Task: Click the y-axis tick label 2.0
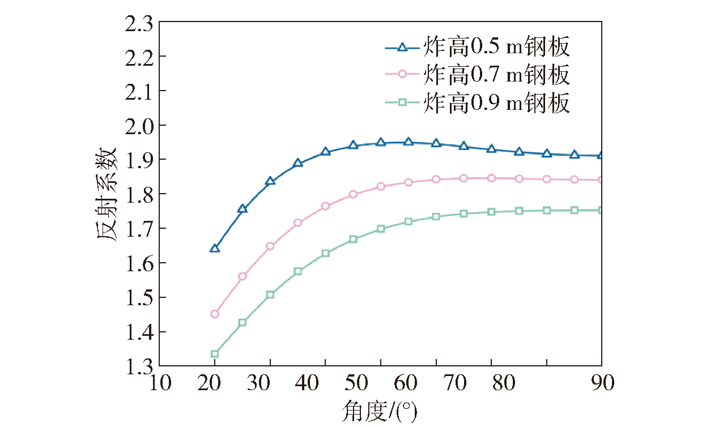(x=138, y=126)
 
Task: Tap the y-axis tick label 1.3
(x=138, y=366)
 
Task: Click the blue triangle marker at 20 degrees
(x=215, y=249)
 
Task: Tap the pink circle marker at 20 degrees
(x=215, y=314)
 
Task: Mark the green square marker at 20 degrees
(x=215, y=354)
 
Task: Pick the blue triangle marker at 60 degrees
(x=408, y=142)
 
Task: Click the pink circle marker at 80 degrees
(x=491, y=178)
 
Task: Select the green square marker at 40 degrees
(x=325, y=253)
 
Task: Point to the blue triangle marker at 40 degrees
(x=325, y=151)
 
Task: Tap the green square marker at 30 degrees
(x=270, y=294)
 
